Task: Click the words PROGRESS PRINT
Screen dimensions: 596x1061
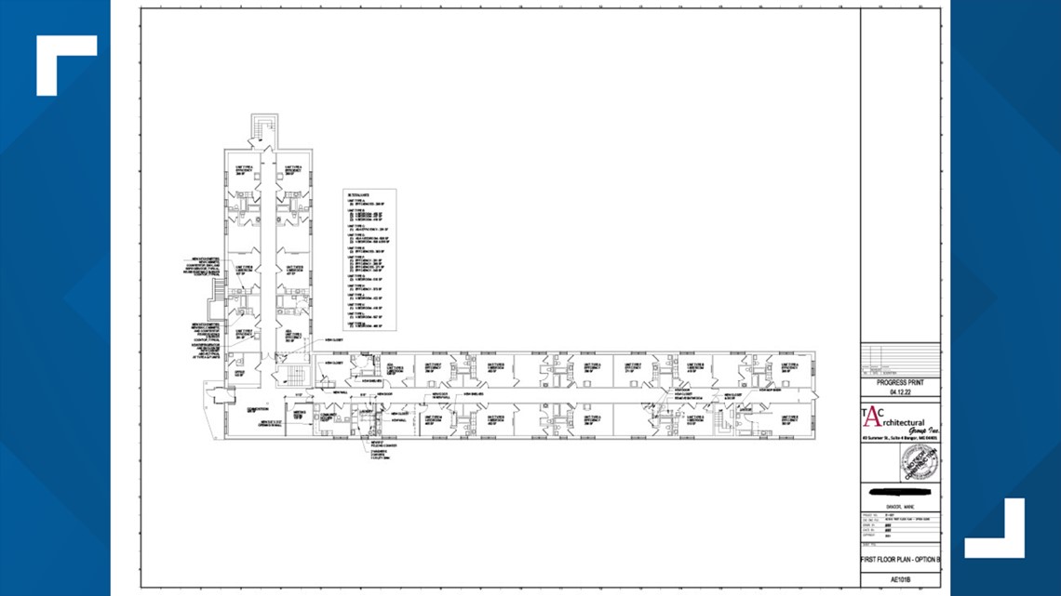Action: [x=899, y=382]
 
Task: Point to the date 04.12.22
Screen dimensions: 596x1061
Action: [x=899, y=393]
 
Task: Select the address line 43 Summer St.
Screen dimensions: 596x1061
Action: [x=899, y=438]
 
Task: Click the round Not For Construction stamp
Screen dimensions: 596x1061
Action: [x=920, y=463]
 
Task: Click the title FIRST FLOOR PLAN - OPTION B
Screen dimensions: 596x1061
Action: [x=899, y=561]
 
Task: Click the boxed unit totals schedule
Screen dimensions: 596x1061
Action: [x=369, y=260]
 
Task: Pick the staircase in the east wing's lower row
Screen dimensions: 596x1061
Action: [x=719, y=423]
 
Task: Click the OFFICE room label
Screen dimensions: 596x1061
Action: [x=239, y=372]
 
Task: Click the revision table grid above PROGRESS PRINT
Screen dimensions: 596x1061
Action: [x=899, y=360]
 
